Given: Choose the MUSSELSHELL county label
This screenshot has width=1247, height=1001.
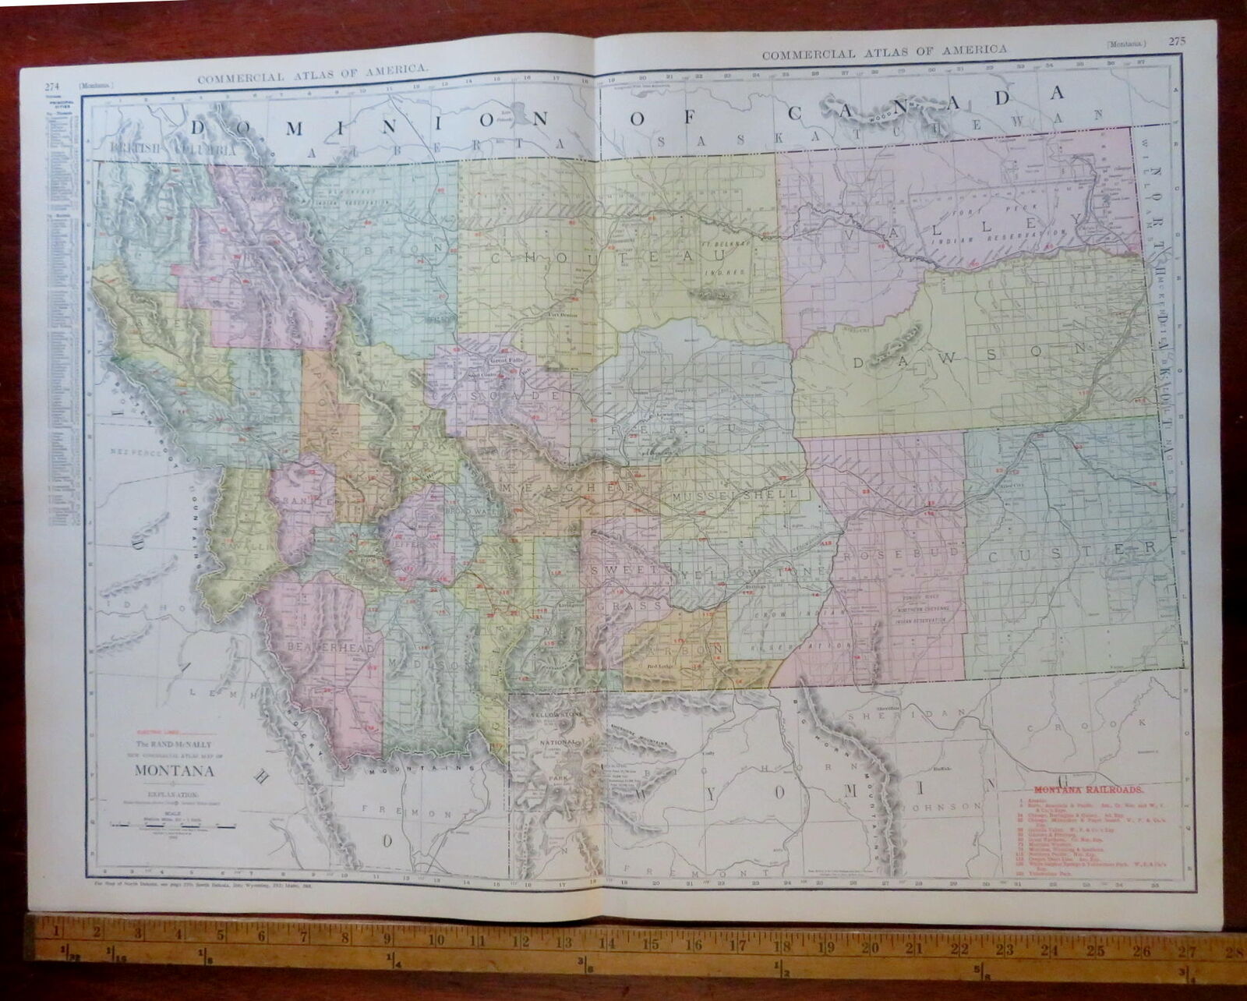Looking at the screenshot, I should coord(736,495).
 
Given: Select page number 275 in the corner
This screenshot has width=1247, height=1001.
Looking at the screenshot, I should coord(1177,41).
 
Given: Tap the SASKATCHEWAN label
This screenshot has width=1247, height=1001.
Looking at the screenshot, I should coord(881,138).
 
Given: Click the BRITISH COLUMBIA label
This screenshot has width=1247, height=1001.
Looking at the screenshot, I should coord(173,147).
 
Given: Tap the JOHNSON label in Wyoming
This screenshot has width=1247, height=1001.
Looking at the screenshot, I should coord(941,805).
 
